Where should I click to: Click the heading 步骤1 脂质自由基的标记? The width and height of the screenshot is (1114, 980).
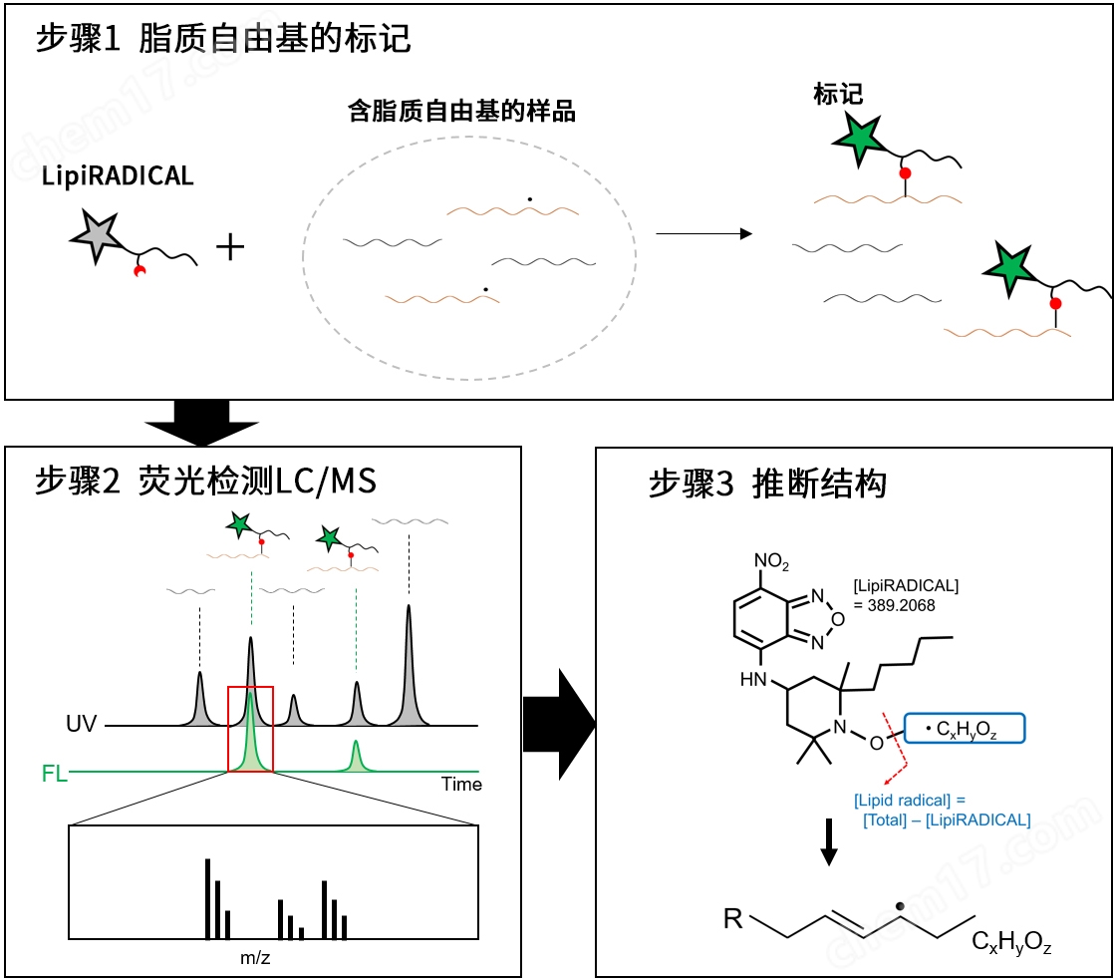(x=223, y=40)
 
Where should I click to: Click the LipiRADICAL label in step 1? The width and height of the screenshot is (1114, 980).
(x=118, y=176)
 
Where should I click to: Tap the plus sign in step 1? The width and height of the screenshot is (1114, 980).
(x=230, y=246)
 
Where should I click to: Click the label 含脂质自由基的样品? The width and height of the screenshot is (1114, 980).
(x=461, y=111)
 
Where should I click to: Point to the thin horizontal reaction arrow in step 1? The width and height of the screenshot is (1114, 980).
(x=702, y=233)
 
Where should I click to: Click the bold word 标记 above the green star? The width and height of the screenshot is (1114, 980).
(x=838, y=95)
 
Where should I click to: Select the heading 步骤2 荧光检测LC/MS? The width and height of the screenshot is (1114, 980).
(x=206, y=483)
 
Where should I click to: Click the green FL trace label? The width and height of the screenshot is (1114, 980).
(x=54, y=773)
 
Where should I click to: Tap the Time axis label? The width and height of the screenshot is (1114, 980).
(x=461, y=785)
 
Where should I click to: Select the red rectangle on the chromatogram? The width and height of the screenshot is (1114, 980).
(x=250, y=729)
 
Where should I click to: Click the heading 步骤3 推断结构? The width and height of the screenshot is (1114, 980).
(x=767, y=485)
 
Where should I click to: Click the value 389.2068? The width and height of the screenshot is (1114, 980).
(x=895, y=604)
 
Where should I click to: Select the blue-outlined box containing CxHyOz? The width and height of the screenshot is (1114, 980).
(x=964, y=730)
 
